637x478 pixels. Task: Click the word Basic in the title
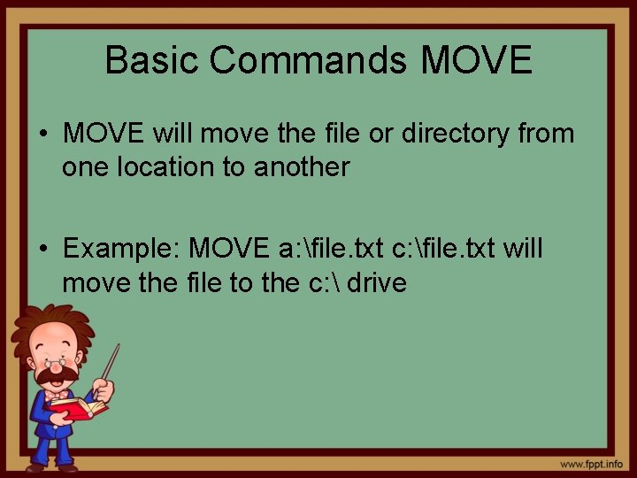(153, 60)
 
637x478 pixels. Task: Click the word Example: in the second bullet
(121, 249)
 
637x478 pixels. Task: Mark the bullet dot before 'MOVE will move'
(43, 135)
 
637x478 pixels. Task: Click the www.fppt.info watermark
(590, 463)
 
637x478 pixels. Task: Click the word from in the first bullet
(543, 134)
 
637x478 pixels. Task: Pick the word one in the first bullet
(83, 167)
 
